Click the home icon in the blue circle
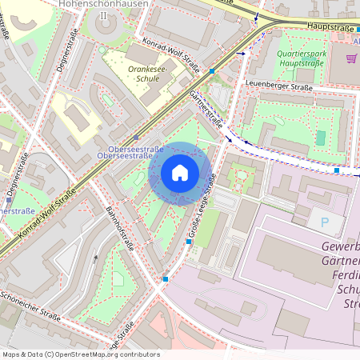point(180,172)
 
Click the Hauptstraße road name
point(330,26)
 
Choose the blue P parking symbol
point(324,221)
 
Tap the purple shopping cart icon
point(350,58)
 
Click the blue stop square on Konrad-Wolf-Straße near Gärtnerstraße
point(212,71)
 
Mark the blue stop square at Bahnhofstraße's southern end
point(166,278)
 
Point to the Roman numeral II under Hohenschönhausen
point(101,15)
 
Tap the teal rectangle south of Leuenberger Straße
point(320,138)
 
